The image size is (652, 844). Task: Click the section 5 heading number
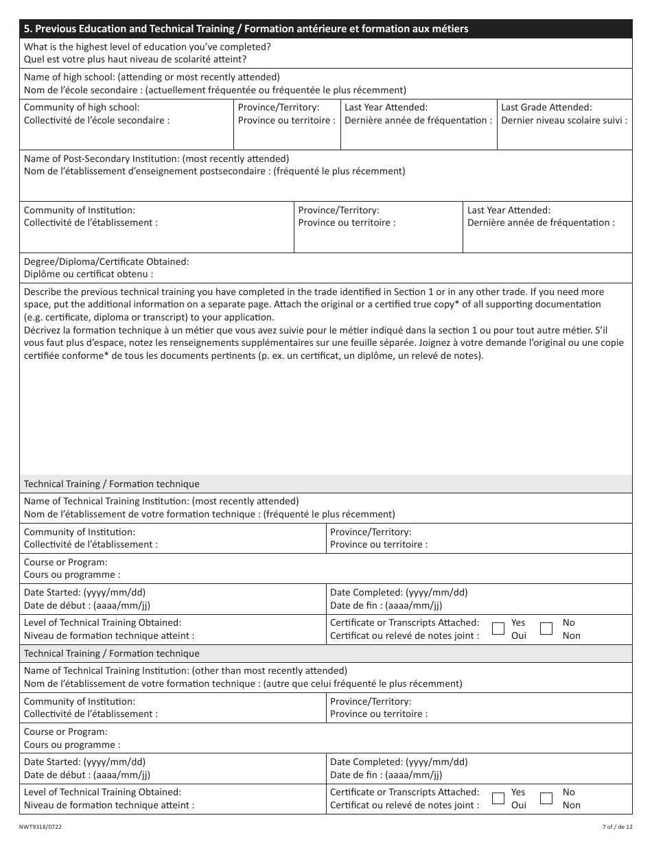point(27,29)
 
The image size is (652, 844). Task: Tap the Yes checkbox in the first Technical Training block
point(499,629)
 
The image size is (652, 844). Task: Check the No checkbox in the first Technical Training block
point(546,629)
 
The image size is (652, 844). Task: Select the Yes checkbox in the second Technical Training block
point(499,798)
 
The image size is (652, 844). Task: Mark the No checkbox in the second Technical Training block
point(546,798)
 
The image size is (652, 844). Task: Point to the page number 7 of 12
point(615,828)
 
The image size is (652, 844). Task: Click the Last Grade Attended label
point(546,107)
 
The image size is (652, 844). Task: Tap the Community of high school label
point(82,107)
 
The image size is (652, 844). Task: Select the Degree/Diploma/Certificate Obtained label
point(106,261)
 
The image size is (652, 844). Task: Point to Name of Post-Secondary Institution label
point(156,159)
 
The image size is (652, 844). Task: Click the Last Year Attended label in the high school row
point(386,107)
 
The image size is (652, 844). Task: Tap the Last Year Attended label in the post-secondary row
point(509,210)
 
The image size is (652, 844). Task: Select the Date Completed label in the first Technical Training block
point(399,592)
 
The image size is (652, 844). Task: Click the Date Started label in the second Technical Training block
point(84,762)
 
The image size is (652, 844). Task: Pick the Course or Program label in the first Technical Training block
point(66,562)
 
